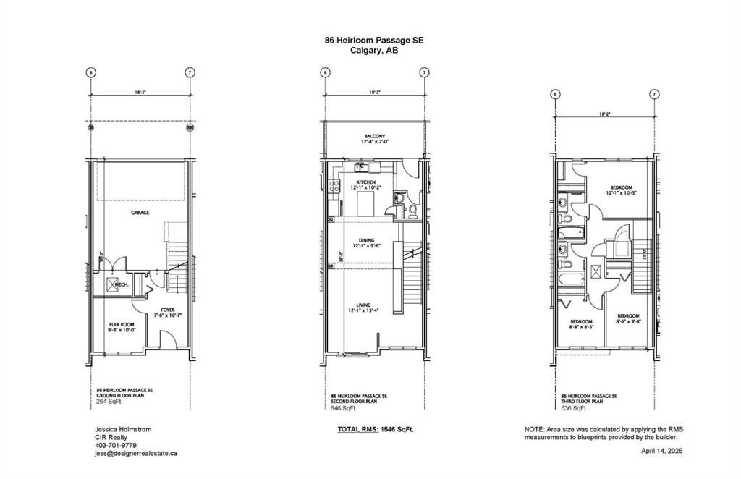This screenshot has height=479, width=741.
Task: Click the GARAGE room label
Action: click(140, 213)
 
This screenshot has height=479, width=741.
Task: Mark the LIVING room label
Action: click(366, 307)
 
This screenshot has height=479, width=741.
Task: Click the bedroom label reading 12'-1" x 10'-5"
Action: click(621, 192)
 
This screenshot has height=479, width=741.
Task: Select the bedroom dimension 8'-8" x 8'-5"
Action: click(581, 327)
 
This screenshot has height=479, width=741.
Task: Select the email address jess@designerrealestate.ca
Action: click(136, 454)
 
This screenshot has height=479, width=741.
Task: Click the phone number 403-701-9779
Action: click(115, 446)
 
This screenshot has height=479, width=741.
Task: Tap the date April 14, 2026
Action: click(661, 450)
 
